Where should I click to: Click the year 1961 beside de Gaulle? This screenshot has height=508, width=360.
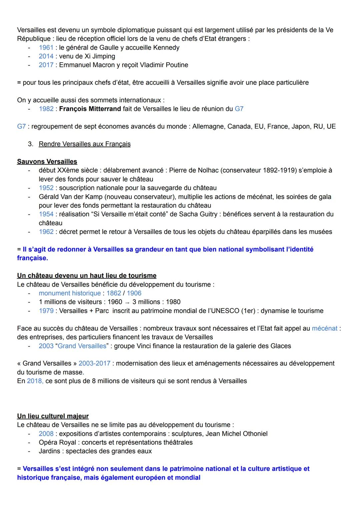tap(46, 48)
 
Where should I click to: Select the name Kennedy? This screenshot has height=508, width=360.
tap(166, 48)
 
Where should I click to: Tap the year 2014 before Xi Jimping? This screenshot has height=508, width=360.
tap(46, 56)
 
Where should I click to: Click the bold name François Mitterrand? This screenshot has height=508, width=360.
tap(90, 109)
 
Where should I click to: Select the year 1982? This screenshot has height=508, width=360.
tap(46, 109)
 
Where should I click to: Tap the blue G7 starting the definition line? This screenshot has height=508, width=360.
tap(21, 127)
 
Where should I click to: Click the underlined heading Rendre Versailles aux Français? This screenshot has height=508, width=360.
tap(85, 144)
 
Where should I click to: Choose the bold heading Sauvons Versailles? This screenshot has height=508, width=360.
tap(47, 162)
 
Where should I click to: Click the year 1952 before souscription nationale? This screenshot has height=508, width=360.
tap(46, 188)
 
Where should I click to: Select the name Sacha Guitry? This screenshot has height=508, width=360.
tap(200, 214)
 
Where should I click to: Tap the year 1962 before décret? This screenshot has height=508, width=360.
tap(46, 232)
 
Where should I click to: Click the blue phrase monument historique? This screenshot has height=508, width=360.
tap(70, 293)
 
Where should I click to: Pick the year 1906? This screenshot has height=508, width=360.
tap(134, 293)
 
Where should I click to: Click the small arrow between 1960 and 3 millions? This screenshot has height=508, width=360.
tap(127, 302)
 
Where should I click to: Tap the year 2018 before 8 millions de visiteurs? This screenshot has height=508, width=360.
tap(35, 381)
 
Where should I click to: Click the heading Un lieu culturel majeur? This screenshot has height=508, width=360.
tap(53, 416)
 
